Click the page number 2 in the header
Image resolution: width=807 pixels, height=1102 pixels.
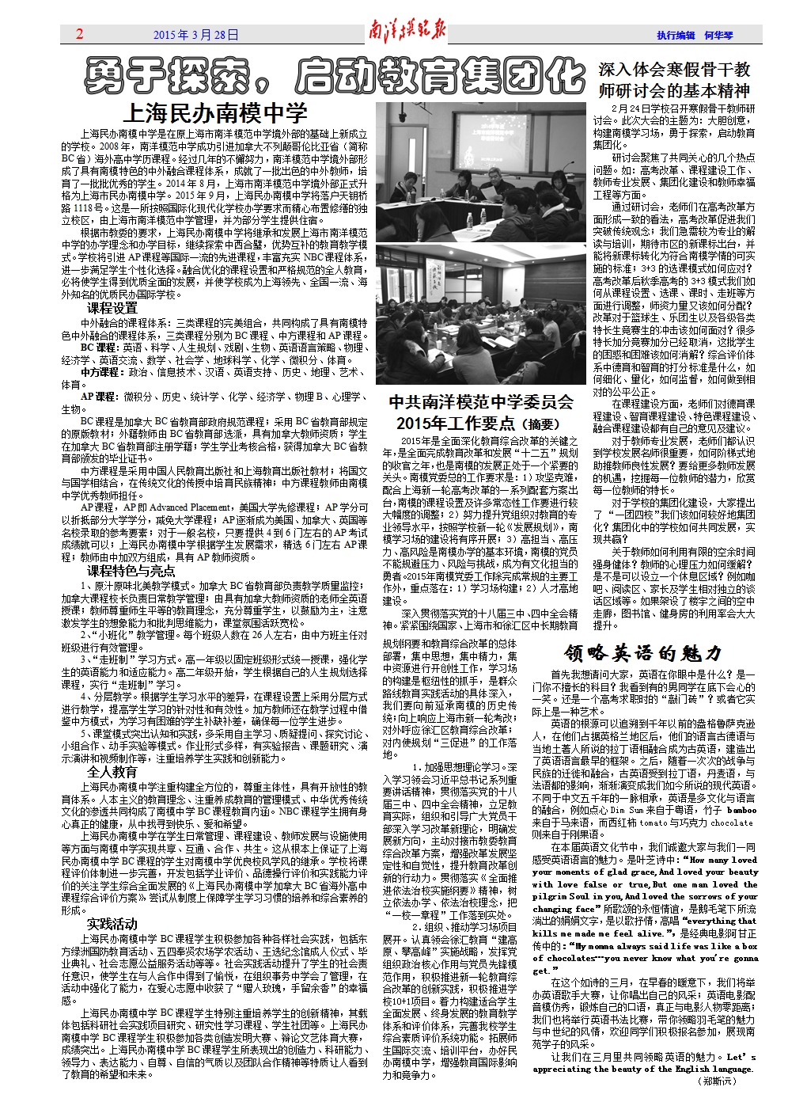coord(80,34)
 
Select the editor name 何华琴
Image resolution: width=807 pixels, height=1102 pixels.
coord(718,36)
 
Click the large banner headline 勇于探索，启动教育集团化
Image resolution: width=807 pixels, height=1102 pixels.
coord(335,78)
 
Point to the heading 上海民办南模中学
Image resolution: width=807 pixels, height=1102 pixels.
coord(216,113)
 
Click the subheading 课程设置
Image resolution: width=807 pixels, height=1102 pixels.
coord(112,308)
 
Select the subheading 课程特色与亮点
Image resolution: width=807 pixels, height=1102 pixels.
coord(131,571)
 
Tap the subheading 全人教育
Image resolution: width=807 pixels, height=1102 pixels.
coord(112,772)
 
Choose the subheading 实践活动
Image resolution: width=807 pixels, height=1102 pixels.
coord(112,924)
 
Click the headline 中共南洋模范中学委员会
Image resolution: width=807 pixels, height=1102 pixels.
coord(481,403)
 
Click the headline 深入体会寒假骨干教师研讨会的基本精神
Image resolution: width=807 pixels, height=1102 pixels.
coord(674,80)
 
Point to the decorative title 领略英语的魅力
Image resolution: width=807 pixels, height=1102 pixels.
coord(642,653)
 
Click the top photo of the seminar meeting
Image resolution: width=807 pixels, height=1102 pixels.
coord(481,172)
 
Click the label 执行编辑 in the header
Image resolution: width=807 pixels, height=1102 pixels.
coord(676,36)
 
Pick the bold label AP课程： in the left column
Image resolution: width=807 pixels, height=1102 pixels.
coord(98,397)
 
